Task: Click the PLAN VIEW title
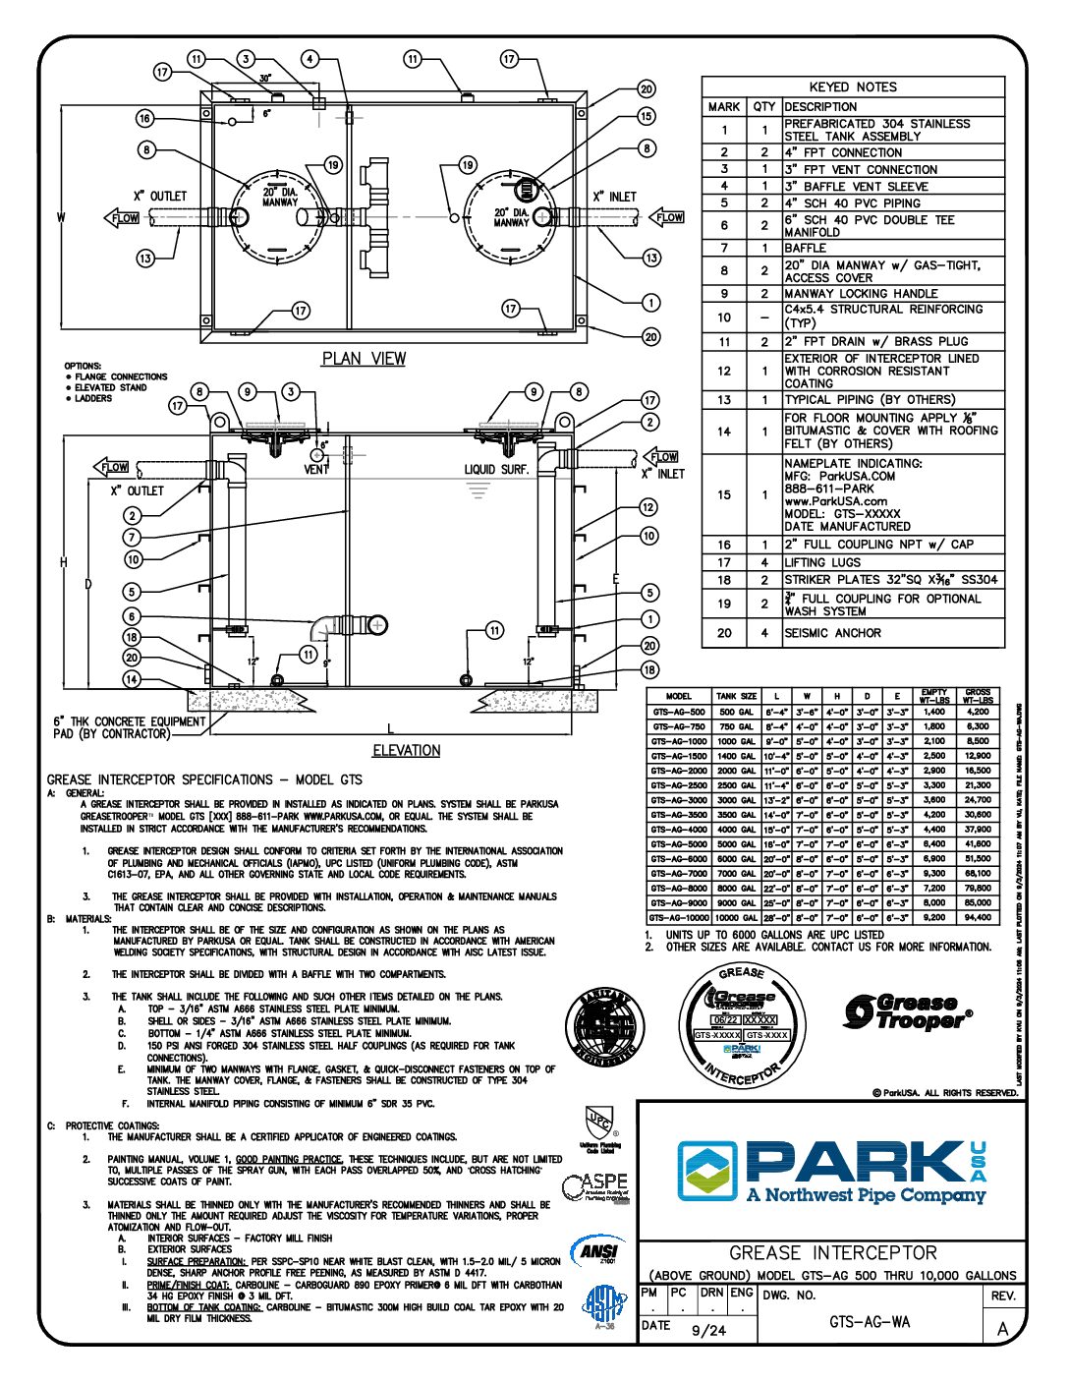(364, 359)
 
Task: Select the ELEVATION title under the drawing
(406, 751)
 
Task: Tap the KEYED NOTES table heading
(853, 86)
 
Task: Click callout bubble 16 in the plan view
(145, 119)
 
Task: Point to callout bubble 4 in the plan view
(310, 59)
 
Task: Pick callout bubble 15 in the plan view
(646, 116)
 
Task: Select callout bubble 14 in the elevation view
(132, 679)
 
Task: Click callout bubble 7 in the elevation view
(132, 538)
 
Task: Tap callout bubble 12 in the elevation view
(647, 507)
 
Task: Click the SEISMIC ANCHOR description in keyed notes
(832, 633)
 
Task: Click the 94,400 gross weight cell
(978, 917)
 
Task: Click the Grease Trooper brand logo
(909, 1011)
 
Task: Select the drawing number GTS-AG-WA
(870, 1322)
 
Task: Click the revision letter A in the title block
(1002, 1329)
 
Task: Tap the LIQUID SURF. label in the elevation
(496, 470)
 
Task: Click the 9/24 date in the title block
(708, 1330)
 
